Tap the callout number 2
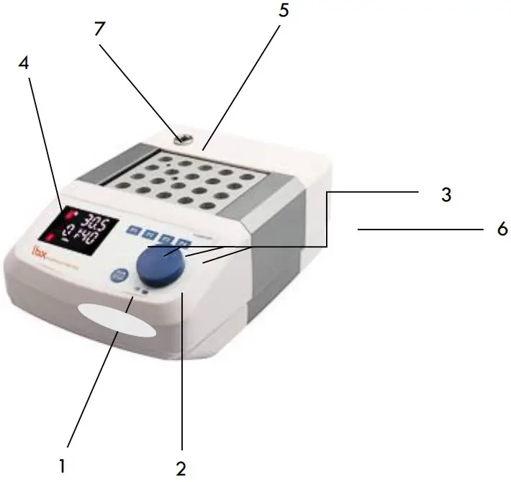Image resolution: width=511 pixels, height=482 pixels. pos(181,469)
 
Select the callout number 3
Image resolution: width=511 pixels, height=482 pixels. pos(446,195)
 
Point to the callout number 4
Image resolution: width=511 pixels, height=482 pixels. pos(25,63)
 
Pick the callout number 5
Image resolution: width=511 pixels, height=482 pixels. pos(283,12)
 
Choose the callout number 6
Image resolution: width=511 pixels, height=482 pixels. pos(502,229)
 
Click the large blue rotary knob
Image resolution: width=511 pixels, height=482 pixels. pos(160,264)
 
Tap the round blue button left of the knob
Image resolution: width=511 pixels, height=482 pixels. pos(119,276)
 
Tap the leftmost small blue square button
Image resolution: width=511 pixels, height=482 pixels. pos(132,230)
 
